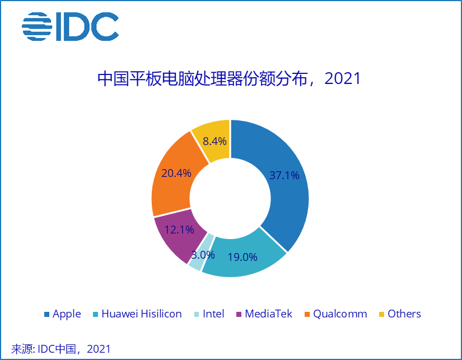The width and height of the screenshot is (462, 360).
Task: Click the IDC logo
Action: click(x=70, y=26)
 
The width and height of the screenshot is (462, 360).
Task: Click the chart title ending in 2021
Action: click(x=229, y=78)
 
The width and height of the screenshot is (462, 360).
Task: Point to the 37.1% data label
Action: click(x=284, y=176)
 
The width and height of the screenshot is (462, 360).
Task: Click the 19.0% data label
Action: click(x=242, y=258)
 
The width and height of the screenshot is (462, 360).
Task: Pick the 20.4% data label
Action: click(x=176, y=173)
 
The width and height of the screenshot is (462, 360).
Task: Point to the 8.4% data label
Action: click(x=215, y=141)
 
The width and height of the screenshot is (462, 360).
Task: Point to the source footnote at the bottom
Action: click(x=62, y=349)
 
